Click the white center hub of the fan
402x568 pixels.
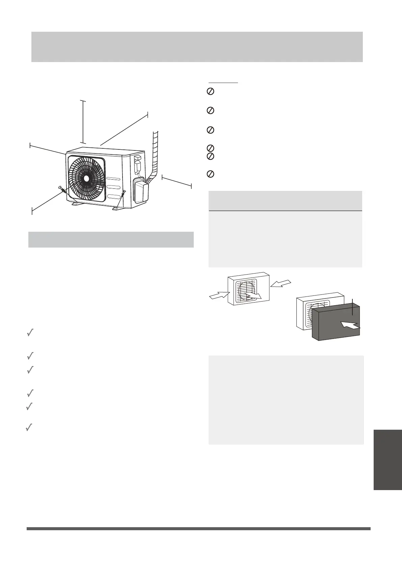tap(87, 178)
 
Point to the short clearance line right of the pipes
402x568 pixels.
tap(177, 181)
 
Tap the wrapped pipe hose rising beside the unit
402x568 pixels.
tap(155, 152)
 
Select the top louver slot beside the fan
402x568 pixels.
tap(113, 179)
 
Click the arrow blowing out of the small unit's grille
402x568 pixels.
tap(253, 295)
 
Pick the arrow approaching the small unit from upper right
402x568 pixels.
tap(280, 283)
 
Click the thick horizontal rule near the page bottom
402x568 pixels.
tap(198, 529)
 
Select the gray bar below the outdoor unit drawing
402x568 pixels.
tap(111, 239)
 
